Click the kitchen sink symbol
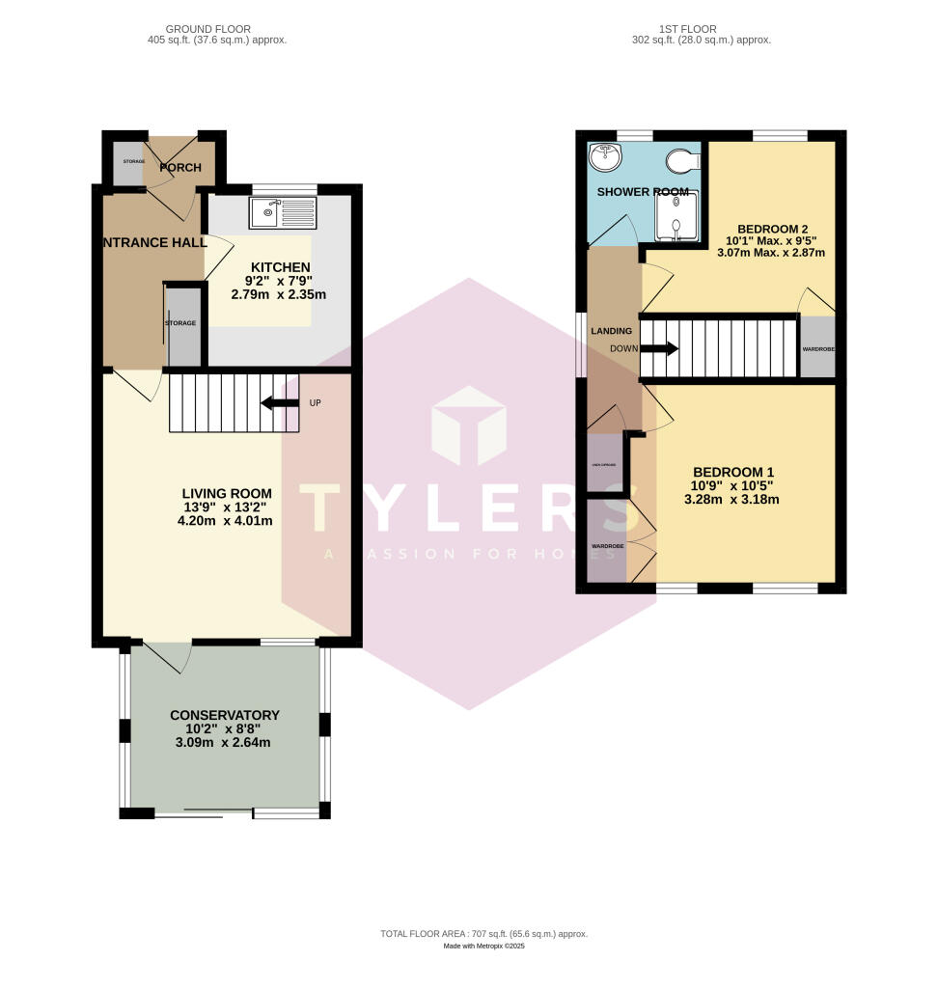tap(282, 213)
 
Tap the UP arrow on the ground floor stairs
tap(280, 402)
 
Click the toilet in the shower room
tap(682, 158)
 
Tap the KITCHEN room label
tap(281, 267)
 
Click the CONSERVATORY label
tap(225, 715)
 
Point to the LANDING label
tap(611, 331)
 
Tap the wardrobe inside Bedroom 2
tap(816, 347)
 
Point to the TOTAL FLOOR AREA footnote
tap(483, 934)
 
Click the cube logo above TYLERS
tap(469, 425)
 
